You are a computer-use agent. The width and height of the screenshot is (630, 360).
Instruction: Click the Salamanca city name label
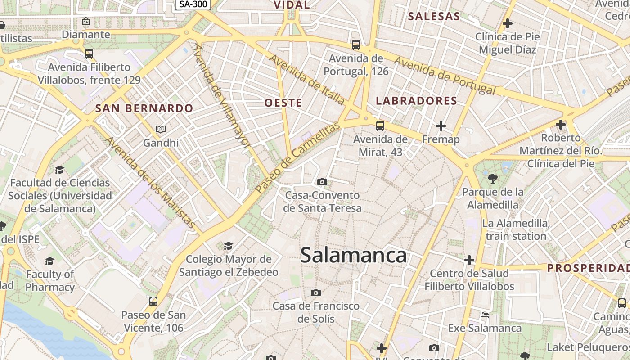point(353,256)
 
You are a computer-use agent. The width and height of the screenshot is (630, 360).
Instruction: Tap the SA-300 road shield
point(193,4)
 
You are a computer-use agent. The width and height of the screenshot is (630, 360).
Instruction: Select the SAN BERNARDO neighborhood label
point(144,108)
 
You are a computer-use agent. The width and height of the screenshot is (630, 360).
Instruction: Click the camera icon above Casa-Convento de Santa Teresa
point(322,182)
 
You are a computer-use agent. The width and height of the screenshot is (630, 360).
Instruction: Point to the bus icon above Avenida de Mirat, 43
point(380,126)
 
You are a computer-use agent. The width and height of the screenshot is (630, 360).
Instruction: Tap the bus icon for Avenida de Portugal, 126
point(356,45)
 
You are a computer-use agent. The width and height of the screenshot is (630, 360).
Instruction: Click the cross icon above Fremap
point(441,126)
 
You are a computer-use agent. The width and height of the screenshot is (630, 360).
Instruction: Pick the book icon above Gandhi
point(161,130)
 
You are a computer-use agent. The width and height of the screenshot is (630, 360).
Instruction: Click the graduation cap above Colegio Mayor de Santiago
point(229,246)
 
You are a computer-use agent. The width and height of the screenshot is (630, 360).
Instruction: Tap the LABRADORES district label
point(416,101)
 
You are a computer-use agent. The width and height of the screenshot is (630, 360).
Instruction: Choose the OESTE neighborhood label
point(283,103)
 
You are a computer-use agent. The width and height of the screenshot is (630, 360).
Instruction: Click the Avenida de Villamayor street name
point(221,95)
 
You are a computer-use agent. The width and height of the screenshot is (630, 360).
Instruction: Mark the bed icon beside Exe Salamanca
point(485,315)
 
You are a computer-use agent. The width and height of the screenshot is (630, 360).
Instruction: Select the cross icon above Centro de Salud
point(469,260)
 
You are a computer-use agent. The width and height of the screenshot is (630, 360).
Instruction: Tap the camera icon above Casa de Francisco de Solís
point(316,293)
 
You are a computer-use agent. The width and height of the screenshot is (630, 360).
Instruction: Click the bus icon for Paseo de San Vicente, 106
point(153,301)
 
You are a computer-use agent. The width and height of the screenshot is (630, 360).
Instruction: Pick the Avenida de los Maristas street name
point(150,183)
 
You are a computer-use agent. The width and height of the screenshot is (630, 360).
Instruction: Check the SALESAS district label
point(434,17)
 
